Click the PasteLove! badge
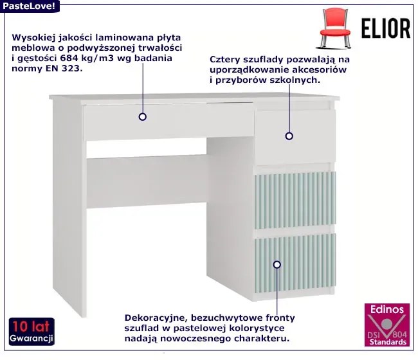click(30, 6)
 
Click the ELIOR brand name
click(386, 28)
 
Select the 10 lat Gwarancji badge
click(32, 332)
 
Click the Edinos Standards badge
click(386, 325)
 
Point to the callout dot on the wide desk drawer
click(143, 117)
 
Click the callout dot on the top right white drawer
click(289, 136)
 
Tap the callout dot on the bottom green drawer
click(277, 264)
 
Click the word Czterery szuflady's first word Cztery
click(225, 59)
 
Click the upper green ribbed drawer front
click(295, 200)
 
